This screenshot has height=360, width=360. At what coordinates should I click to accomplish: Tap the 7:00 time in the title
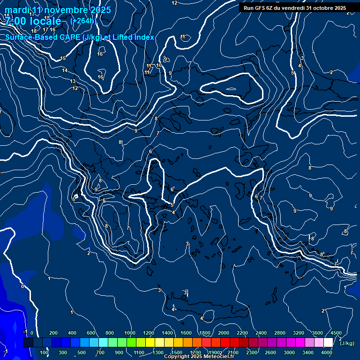16,21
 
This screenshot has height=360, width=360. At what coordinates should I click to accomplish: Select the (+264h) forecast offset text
83,21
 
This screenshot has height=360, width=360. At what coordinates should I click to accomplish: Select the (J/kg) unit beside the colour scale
346,344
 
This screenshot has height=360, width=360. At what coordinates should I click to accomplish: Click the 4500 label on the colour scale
336,333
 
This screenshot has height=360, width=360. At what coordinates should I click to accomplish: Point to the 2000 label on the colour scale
223,333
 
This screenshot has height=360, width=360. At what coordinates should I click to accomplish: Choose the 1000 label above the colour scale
130,333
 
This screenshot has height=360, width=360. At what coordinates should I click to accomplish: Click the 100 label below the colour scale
44,352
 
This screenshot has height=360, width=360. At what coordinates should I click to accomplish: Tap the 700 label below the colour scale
100,352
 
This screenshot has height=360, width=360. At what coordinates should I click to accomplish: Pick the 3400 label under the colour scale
308,352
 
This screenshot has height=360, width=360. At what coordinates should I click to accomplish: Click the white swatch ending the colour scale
328,343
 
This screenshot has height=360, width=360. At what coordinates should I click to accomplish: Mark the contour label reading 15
63,59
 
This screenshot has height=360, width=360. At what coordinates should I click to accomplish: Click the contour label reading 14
65,70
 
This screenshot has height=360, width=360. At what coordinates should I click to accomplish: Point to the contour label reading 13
73,81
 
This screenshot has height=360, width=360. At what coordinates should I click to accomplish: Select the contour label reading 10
159,65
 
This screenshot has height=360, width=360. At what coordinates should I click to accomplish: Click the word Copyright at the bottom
177,357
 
